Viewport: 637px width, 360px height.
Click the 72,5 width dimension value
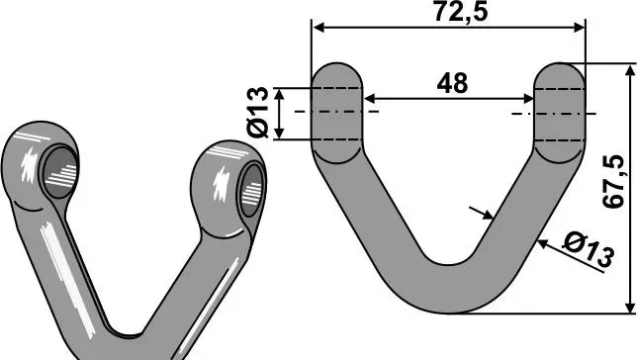point(461,12)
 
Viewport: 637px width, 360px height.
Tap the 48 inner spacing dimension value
point(452,83)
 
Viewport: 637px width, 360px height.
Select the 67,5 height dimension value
point(613,182)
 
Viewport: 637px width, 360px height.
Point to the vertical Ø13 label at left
point(257,112)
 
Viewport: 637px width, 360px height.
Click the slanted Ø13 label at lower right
point(588,250)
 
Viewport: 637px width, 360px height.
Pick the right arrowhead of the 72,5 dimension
point(579,28)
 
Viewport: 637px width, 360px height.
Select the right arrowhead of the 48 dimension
point(528,99)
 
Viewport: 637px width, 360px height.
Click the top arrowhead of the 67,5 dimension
point(630,70)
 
